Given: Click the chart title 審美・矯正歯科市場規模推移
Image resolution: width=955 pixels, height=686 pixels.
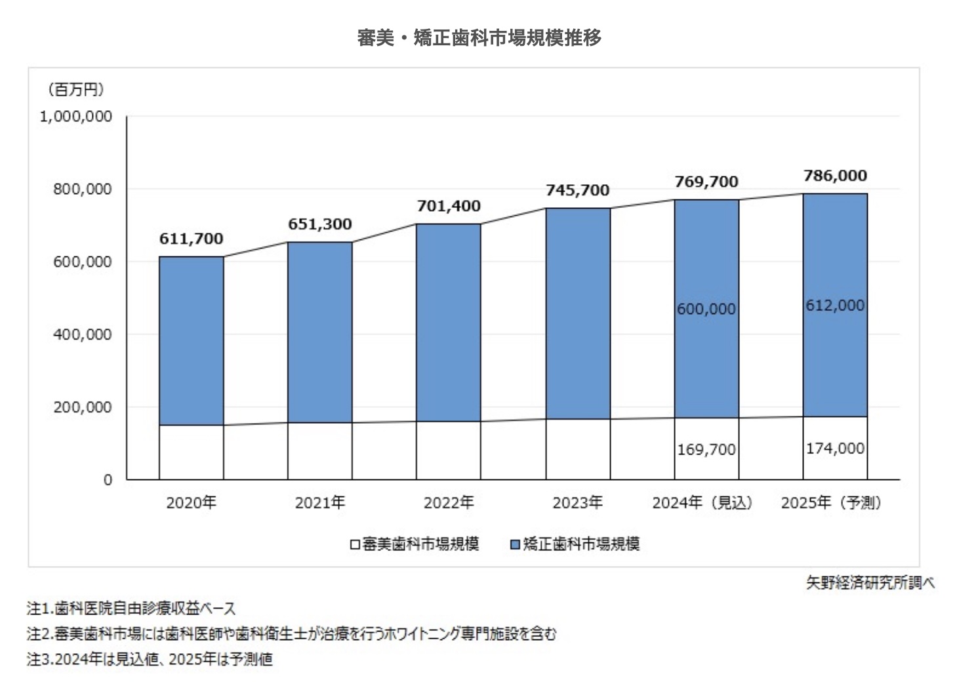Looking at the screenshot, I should tap(479, 38).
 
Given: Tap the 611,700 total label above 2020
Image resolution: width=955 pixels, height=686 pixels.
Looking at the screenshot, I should tap(191, 239).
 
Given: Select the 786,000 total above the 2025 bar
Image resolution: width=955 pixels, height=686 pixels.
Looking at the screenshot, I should tap(835, 176).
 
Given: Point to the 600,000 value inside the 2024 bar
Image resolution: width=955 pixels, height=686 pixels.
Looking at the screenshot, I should tap(706, 309).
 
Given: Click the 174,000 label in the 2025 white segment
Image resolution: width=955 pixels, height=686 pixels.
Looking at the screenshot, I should tap(835, 449).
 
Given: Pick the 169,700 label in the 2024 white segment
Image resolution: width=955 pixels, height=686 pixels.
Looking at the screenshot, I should tap(706, 450).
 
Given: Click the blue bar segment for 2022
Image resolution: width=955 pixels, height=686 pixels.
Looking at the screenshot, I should tap(449, 322).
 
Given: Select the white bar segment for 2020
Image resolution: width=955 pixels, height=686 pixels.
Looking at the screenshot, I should tap(191, 452).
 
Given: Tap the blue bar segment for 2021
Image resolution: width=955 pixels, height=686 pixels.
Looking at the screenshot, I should tap(320, 332).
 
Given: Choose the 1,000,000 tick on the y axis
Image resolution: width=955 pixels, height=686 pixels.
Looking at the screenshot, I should tap(76, 117).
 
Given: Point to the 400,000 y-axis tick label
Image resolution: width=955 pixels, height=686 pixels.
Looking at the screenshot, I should tap(83, 334).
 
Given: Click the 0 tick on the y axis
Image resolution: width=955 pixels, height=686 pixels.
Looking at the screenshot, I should tap(108, 480).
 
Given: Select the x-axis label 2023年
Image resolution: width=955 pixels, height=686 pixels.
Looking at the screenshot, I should tap(577, 503).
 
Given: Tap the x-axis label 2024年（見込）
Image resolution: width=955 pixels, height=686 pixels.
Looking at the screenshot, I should tap(702, 503).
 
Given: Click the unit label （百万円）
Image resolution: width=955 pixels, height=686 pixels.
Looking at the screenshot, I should tap(75, 89).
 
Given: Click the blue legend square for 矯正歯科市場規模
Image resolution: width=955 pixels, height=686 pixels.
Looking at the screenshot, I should tap(515, 544).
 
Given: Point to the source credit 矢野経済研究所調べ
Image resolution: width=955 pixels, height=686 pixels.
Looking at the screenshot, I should tap(870, 582).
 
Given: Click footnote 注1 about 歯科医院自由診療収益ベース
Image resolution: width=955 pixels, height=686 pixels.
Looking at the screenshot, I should tap(131, 609).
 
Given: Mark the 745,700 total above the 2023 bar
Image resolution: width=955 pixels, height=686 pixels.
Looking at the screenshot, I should tap(577, 190).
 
